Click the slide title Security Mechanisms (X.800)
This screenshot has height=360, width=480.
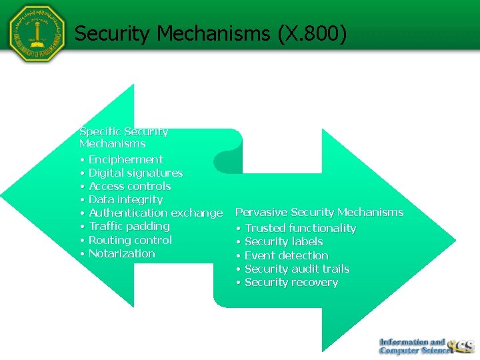(x=211, y=33)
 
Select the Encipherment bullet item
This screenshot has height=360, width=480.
(x=125, y=159)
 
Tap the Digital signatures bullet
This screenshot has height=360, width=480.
(x=135, y=173)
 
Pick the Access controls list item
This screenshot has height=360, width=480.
(x=129, y=186)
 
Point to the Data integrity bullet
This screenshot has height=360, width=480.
(x=125, y=199)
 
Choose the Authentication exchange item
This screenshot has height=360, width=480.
(x=155, y=213)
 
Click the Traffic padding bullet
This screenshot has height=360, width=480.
(x=129, y=226)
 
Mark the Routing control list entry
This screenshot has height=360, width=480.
(x=130, y=240)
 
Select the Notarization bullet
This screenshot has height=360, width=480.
(x=121, y=253)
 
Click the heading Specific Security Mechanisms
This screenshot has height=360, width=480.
(x=123, y=137)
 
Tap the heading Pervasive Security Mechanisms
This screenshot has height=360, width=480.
(x=319, y=212)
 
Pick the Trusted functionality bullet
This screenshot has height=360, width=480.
(x=300, y=228)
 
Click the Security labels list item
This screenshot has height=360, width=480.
(x=283, y=241)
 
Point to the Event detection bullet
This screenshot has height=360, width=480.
(x=286, y=255)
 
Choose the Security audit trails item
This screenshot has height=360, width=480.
(x=297, y=269)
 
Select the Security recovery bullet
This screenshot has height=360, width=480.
(x=291, y=282)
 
